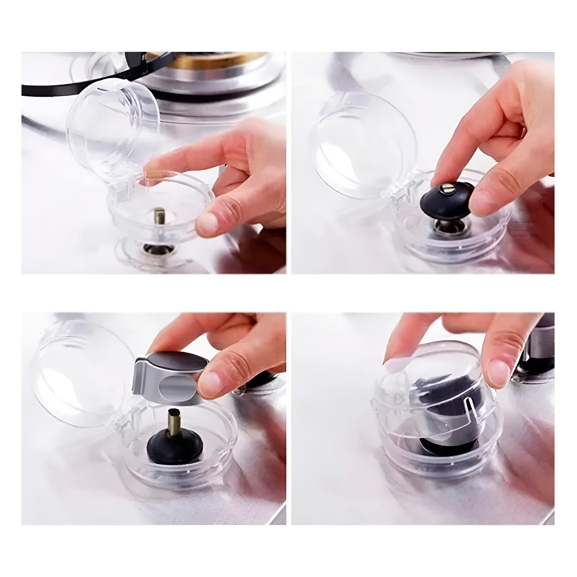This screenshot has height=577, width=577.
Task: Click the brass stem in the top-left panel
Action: [x=159, y=216]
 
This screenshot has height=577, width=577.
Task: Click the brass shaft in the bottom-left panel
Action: [x=174, y=421]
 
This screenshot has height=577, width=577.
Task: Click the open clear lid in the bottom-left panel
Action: [x=82, y=373]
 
